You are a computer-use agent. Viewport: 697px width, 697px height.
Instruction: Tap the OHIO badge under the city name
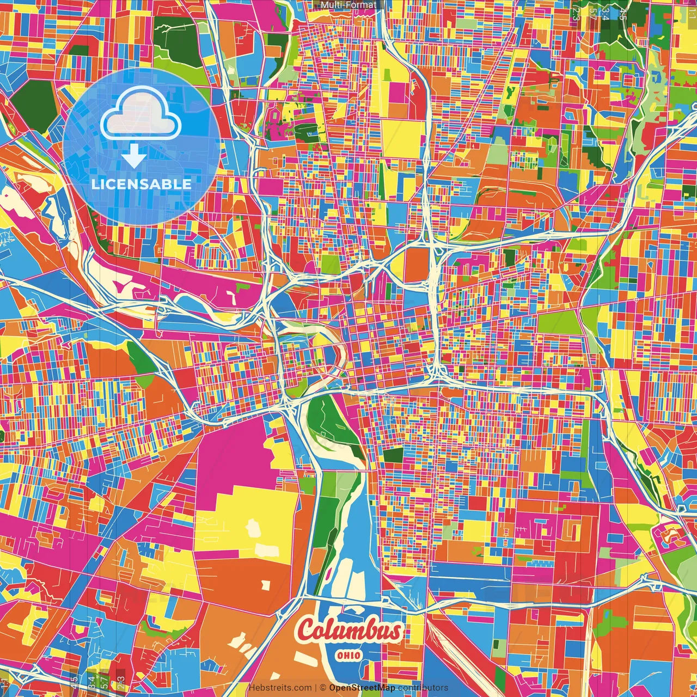[348, 655]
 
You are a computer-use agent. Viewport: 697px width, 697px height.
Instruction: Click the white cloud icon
[140, 116]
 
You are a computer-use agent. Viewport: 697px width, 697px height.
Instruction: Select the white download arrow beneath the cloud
[134, 156]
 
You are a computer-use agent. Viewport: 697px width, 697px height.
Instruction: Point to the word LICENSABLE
[142, 184]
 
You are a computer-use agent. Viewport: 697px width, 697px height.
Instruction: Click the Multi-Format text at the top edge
[348, 5]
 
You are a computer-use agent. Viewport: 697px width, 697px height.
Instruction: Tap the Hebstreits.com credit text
[280, 688]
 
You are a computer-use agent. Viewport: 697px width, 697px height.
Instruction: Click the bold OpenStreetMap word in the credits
[362, 688]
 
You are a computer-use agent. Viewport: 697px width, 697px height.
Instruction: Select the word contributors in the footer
[423, 688]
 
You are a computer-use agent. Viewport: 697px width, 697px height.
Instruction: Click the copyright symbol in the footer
[322, 688]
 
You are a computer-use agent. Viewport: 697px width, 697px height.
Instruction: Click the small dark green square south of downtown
[393, 455]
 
